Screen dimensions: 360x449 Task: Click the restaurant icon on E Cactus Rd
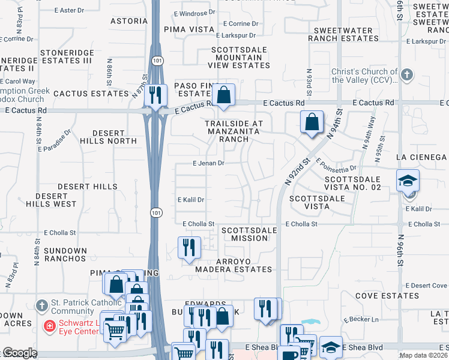pyautogui.click(x=155, y=95)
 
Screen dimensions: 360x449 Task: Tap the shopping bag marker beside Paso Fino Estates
pyautogui.click(x=223, y=95)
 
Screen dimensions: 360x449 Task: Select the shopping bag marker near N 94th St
pyautogui.click(x=312, y=122)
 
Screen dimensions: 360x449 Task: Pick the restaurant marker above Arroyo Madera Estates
pyautogui.click(x=189, y=247)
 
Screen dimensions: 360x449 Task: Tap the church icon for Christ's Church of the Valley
pyautogui.click(x=407, y=75)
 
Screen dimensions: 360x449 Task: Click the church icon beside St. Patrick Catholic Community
pyautogui.click(x=41, y=306)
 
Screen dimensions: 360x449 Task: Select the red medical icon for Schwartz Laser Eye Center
pyautogui.click(x=51, y=326)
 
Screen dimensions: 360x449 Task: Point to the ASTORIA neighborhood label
pyautogui.click(x=129, y=20)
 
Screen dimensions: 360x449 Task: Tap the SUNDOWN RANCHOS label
pyautogui.click(x=61, y=254)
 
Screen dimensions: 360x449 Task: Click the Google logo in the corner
pyautogui.click(x=19, y=353)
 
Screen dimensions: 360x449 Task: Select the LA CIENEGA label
pyautogui.click(x=421, y=157)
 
